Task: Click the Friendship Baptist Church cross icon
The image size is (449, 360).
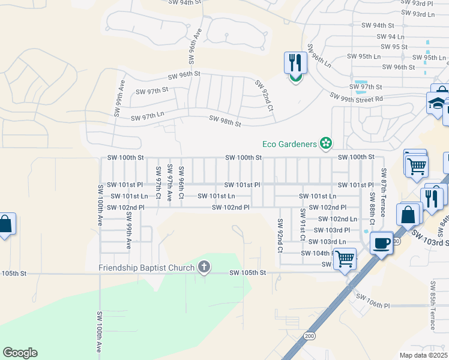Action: point(204,268)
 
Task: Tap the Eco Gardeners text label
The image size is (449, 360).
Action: point(290,143)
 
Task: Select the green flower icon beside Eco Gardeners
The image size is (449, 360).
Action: point(325,143)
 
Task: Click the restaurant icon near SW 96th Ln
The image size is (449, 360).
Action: point(295,63)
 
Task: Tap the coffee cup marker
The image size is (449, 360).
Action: point(381,243)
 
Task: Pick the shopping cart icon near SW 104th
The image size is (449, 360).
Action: point(345,259)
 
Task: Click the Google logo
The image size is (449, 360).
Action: point(20,353)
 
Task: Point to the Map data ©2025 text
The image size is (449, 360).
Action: point(424,355)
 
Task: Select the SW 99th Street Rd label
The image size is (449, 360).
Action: point(357,98)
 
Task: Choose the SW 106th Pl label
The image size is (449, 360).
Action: point(372,301)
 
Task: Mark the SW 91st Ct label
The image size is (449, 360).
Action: point(303,225)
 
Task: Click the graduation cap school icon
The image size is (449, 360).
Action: point(438,103)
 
